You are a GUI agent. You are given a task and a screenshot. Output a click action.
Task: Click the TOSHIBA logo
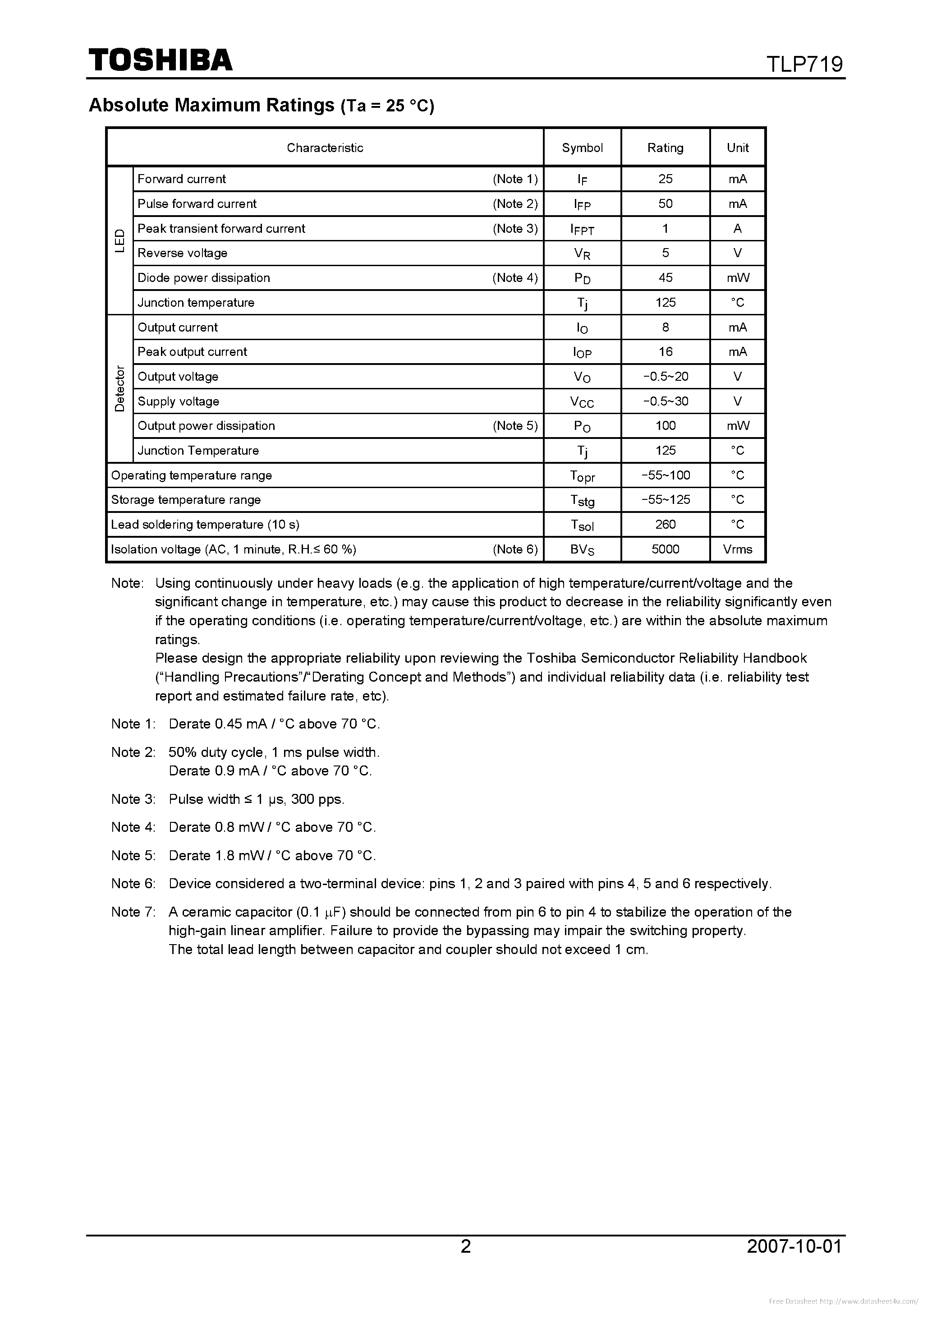(160, 60)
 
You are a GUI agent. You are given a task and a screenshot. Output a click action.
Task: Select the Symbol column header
(582, 148)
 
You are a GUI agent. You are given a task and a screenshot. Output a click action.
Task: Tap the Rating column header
(665, 148)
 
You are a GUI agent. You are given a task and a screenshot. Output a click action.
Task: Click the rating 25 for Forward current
(665, 179)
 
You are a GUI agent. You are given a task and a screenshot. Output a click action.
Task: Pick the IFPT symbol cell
(582, 229)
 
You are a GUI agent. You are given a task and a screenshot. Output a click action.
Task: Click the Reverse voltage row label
(182, 253)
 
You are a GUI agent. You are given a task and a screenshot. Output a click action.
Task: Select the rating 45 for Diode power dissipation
(665, 277)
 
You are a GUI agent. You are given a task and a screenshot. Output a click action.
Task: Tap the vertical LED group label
(119, 241)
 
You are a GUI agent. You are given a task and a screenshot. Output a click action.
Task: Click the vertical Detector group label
(119, 388)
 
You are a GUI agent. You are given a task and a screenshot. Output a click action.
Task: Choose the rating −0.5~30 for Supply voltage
(665, 401)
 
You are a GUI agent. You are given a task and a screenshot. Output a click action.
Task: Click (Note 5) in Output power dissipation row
(514, 426)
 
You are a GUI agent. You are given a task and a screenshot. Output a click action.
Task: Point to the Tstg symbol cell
(582, 500)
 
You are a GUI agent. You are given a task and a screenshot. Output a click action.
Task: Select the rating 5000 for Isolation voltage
(665, 549)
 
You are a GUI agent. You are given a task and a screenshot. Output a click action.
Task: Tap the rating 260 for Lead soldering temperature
(665, 525)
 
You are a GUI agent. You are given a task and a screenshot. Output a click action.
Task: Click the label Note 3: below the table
(133, 799)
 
